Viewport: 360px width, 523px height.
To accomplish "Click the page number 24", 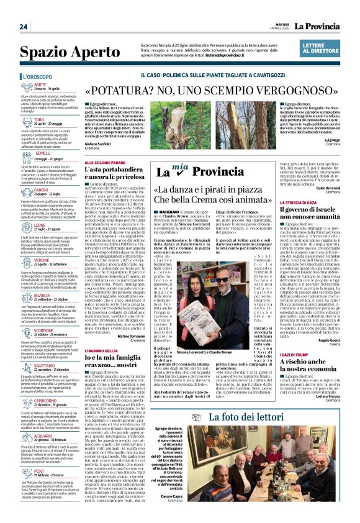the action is (24, 27).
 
